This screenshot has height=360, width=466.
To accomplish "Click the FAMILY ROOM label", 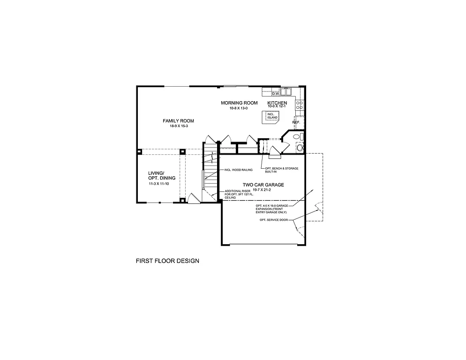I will [x=178, y=121].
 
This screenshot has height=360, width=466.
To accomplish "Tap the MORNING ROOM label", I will [x=239, y=103].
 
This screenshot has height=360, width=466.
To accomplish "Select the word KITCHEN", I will [x=277, y=103].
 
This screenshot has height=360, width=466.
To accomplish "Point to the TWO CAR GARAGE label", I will [x=263, y=185].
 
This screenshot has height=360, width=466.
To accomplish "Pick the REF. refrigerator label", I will [x=296, y=122].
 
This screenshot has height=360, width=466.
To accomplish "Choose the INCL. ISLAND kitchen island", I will [x=272, y=116].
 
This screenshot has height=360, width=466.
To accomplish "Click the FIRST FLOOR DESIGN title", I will [x=167, y=261].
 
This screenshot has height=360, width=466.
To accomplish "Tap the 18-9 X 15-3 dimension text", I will [x=178, y=127].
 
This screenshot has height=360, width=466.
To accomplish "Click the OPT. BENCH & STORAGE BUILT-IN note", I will [x=281, y=170].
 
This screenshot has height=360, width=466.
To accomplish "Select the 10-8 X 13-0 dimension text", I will [x=239, y=108].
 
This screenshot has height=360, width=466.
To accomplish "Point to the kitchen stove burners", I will [x=299, y=105].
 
